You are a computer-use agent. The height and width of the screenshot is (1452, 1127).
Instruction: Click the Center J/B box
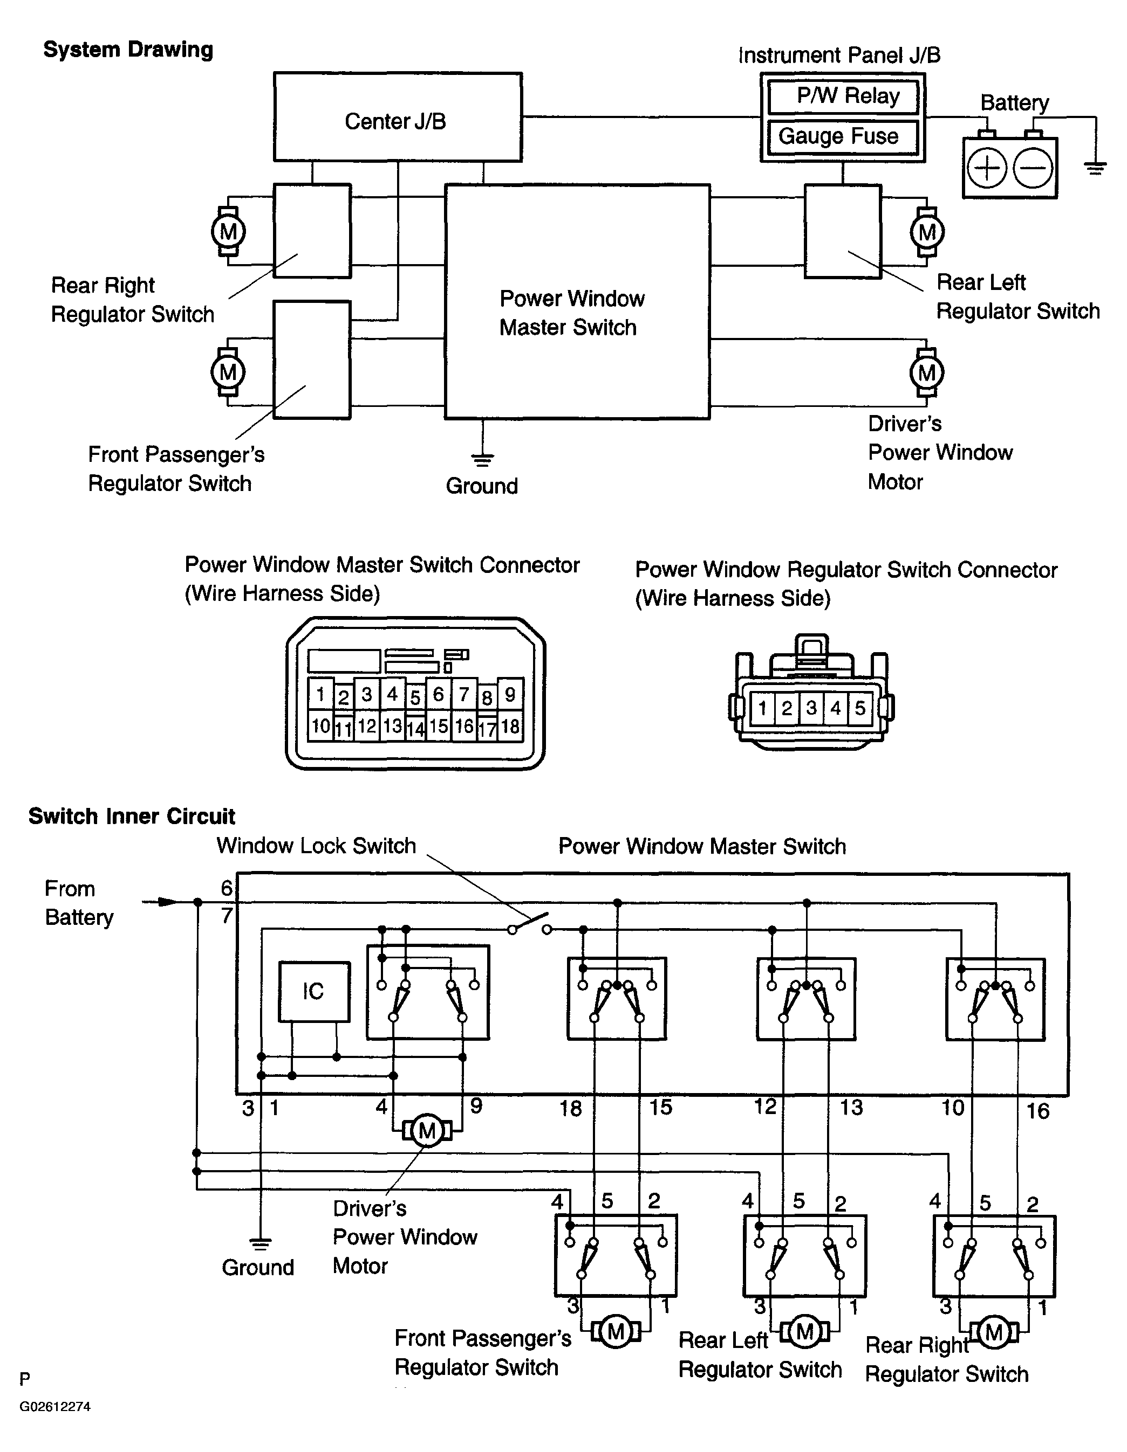click(x=397, y=117)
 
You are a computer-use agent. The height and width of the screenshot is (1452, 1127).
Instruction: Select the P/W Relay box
click(x=842, y=97)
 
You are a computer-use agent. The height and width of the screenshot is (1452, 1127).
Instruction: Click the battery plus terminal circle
click(x=986, y=168)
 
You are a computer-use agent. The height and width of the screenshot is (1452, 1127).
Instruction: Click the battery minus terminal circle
click(x=1033, y=168)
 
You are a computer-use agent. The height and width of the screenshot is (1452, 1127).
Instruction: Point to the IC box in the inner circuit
click(x=314, y=991)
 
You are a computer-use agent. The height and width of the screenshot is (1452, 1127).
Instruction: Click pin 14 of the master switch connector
click(x=415, y=729)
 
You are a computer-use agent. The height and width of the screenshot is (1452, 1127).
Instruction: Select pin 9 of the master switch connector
click(x=510, y=694)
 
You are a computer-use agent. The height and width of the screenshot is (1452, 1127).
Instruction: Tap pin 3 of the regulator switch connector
click(x=811, y=707)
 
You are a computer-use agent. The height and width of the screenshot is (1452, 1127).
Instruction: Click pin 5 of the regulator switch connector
click(x=860, y=707)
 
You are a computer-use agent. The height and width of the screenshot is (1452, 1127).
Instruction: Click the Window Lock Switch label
click(x=316, y=846)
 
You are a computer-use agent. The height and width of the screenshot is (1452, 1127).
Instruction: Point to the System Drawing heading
click(x=128, y=50)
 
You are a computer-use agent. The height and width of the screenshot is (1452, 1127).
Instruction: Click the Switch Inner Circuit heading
click(x=132, y=817)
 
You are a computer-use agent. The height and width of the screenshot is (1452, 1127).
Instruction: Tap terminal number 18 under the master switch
click(x=570, y=1108)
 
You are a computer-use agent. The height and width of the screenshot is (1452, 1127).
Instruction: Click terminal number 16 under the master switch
click(x=1038, y=1110)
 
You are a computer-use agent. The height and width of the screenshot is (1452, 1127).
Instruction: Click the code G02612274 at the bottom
click(x=55, y=1406)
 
